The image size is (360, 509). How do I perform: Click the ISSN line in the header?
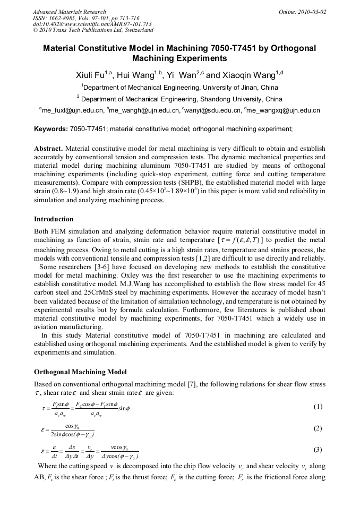[86, 18]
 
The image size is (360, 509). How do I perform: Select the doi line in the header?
[92, 24]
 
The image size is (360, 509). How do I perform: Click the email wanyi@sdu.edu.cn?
[210, 110]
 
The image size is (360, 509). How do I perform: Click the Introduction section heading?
[54, 219]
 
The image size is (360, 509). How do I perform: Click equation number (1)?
[318, 407]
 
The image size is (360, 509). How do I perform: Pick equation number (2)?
[318, 428]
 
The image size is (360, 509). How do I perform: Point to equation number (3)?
[318, 450]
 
